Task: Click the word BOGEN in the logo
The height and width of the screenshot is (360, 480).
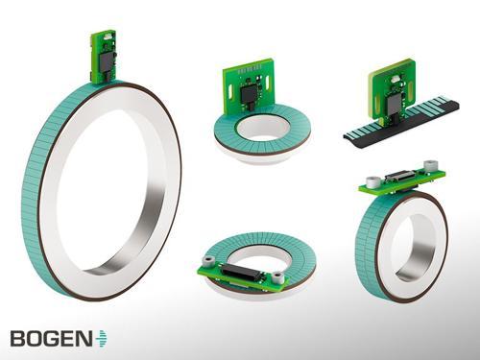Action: click(x=51, y=338)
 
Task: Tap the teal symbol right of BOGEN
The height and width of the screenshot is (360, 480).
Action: click(x=102, y=338)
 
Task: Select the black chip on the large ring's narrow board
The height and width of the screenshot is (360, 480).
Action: click(x=107, y=63)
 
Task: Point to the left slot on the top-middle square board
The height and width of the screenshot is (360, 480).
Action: click(x=230, y=92)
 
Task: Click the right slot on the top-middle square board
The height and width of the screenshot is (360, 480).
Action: click(x=268, y=84)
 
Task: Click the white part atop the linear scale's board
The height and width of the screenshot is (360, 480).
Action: click(x=395, y=78)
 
